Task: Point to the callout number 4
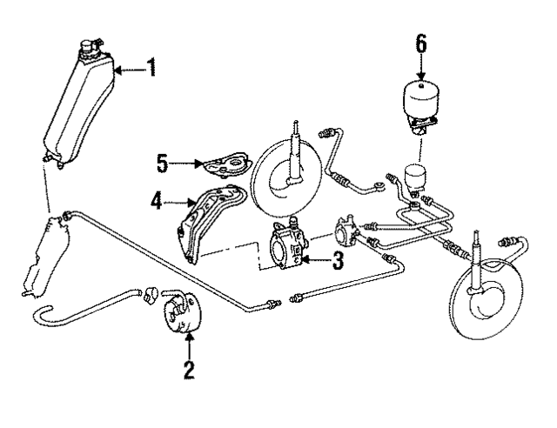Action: pyautogui.click(x=157, y=202)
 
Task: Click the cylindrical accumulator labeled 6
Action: pyautogui.click(x=421, y=102)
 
